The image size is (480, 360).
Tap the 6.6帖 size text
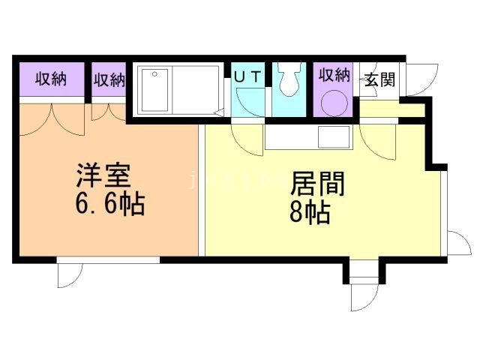pos(109,204)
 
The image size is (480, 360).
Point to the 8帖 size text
pos(310,214)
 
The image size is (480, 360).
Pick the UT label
pos(248,76)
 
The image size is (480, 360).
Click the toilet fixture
pos(289,81)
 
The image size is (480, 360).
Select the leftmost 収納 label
pos(50,79)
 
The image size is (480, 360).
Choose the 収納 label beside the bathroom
pos(109,79)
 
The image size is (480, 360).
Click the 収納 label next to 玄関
pos(334,75)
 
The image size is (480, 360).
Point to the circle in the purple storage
pos(333,104)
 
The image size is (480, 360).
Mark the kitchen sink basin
pos(334,138)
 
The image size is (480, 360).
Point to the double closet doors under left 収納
pos(52,118)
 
